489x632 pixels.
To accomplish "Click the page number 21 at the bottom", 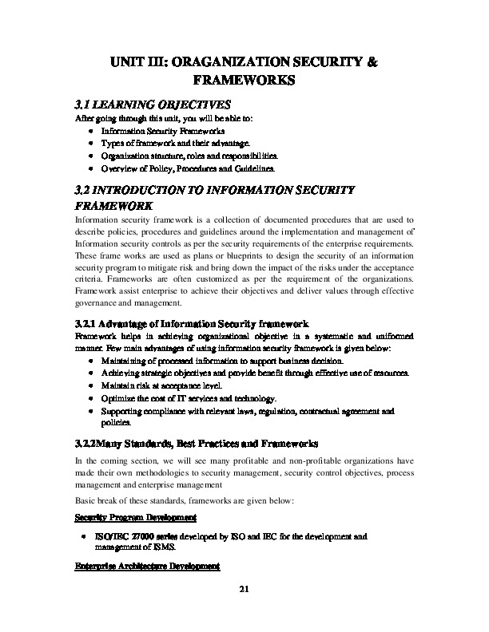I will coord(245,589).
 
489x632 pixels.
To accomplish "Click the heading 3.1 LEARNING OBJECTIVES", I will coord(152,104).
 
